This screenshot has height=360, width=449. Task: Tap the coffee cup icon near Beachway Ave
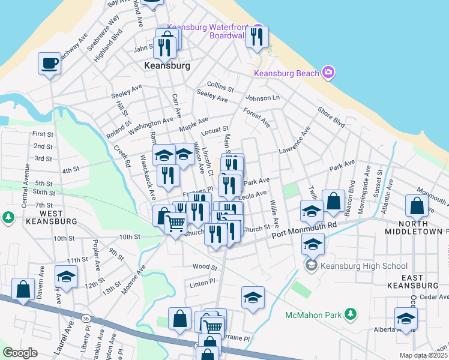click(x=49, y=62)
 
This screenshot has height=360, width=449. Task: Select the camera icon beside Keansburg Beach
click(x=328, y=73)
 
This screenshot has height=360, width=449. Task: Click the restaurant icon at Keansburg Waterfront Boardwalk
click(x=257, y=37)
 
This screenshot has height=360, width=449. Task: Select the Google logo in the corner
click(x=20, y=353)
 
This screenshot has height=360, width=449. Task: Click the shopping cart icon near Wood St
click(x=175, y=224)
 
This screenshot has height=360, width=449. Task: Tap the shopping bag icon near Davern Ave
click(x=23, y=289)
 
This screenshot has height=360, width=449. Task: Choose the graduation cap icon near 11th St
click(x=66, y=276)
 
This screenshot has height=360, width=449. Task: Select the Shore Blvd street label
click(x=331, y=118)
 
